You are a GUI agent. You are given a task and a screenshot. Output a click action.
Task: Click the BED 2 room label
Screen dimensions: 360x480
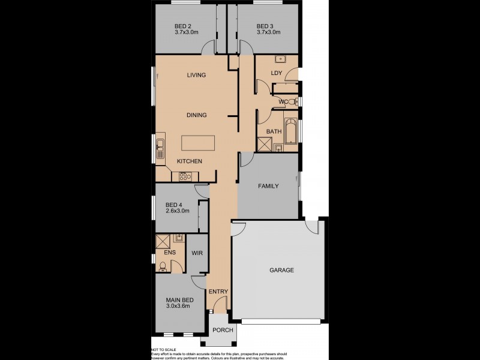pyautogui.click(x=183, y=26)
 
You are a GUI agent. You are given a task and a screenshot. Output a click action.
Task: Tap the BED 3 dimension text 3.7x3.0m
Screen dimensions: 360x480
pyautogui.click(x=268, y=32)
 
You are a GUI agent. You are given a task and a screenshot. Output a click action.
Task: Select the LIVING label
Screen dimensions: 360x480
pyautogui.click(x=196, y=75)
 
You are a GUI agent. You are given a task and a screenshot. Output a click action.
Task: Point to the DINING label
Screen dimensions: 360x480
pyautogui.click(x=196, y=115)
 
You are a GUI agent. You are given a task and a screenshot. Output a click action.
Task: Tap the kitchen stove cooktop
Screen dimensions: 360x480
pyautogui.click(x=185, y=176)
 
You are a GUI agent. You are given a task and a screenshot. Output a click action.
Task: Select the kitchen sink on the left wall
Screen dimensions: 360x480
pyautogui.click(x=160, y=148)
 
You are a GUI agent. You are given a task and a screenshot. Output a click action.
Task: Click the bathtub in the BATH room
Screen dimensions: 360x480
pyautogui.click(x=292, y=131)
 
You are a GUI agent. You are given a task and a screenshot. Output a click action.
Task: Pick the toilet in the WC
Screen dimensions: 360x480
pyautogui.click(x=292, y=103)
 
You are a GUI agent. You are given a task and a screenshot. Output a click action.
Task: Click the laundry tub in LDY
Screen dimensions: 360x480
pyautogui.click(x=280, y=59)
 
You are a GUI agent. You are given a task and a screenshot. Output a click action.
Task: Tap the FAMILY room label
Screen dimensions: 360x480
pyautogui.click(x=268, y=186)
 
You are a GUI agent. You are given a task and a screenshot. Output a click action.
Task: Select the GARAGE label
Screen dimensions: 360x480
pyautogui.click(x=281, y=270)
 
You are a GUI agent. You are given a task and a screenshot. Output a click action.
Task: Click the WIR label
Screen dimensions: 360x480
pyautogui.click(x=197, y=254)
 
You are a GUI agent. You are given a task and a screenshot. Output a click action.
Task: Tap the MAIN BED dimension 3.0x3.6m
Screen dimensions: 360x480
pyautogui.click(x=178, y=306)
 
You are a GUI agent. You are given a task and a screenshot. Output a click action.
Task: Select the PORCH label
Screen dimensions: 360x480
pyautogui.click(x=223, y=330)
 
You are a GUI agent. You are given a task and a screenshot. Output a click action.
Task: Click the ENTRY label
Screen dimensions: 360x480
pyautogui.click(x=218, y=292)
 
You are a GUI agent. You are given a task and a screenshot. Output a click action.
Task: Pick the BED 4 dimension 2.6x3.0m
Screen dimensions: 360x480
pyautogui.click(x=178, y=211)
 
